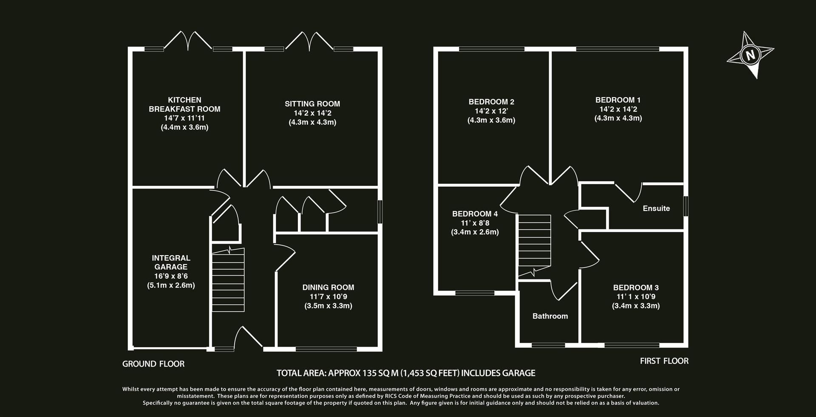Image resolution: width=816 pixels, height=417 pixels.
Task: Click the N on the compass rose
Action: pyautogui.click(x=751, y=55)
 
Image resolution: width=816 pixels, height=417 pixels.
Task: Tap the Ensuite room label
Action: pyautogui.click(x=656, y=208)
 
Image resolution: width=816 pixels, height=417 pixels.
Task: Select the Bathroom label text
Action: pyautogui.click(x=550, y=316)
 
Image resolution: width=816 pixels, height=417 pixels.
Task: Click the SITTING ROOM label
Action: pyautogui.click(x=312, y=104)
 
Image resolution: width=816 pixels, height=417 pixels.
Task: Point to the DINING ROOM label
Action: pyautogui.click(x=328, y=287)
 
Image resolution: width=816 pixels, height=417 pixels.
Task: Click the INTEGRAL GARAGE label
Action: pyautogui.click(x=171, y=262)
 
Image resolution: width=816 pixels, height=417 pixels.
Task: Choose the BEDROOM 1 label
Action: pyautogui.click(x=618, y=100)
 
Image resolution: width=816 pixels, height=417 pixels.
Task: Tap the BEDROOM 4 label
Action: pyautogui.click(x=475, y=214)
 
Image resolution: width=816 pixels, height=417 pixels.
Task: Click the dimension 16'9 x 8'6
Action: pyautogui.click(x=171, y=276)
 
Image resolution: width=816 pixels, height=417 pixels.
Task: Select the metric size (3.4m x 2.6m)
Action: pyautogui.click(x=475, y=232)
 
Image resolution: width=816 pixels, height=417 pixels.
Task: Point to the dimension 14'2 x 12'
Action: pyautogui.click(x=491, y=111)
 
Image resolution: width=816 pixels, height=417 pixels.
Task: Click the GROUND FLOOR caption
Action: pyautogui.click(x=153, y=364)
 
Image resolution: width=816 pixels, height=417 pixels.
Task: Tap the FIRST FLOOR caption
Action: pyautogui.click(x=664, y=361)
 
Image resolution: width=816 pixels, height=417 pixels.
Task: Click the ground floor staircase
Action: pyautogui.click(x=228, y=280)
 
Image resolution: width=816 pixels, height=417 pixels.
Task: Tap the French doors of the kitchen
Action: pyautogui.click(x=188, y=41)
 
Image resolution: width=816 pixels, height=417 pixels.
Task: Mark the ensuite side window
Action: pyautogui.click(x=686, y=206)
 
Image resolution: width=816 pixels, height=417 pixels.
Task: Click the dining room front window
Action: pyautogui.click(x=326, y=349)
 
